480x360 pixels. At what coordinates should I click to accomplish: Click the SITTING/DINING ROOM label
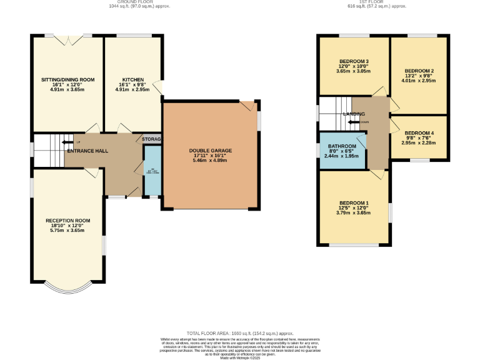(x=67, y=80)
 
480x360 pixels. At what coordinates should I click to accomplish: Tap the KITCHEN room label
(x=133, y=80)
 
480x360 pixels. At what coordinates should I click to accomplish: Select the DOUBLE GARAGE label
(x=210, y=151)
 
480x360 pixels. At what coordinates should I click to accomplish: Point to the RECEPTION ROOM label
(x=67, y=221)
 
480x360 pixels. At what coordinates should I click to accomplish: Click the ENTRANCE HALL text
(x=88, y=151)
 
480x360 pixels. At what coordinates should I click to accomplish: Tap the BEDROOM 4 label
(x=419, y=133)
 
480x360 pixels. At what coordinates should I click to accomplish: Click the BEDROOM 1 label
(x=354, y=203)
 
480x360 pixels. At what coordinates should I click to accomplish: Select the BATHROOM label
(x=342, y=146)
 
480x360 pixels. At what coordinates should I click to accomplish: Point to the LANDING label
(x=354, y=114)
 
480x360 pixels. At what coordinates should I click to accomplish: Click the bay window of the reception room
(x=67, y=289)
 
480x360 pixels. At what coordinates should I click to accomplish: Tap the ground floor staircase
(x=49, y=150)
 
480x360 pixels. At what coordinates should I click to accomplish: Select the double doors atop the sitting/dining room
(x=67, y=39)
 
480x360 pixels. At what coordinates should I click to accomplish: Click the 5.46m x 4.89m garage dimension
(x=210, y=161)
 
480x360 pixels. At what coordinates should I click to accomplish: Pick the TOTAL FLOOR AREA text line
(x=240, y=334)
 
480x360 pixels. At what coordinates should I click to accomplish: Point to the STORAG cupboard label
(x=152, y=139)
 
